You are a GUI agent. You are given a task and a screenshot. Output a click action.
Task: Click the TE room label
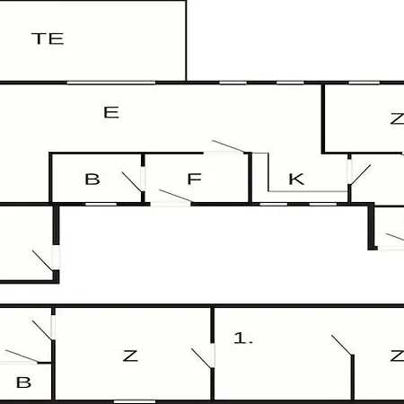click(48, 39)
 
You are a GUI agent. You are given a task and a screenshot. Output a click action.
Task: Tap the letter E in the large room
click(111, 112)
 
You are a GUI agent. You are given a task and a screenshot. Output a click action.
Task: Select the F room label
click(194, 179)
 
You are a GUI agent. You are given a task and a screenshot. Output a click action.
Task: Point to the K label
click(296, 179)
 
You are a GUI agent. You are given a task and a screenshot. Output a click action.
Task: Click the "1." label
click(243, 338)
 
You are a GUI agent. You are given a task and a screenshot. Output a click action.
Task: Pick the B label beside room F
click(92, 180)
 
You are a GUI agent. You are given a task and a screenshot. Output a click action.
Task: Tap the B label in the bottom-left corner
click(23, 382)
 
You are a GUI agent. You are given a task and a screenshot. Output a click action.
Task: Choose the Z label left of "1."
click(130, 356)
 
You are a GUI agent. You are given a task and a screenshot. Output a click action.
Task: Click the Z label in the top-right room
click(397, 119)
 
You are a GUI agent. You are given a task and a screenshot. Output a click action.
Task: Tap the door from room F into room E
click(228, 147)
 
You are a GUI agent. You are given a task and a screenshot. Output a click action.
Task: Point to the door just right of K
click(359, 174)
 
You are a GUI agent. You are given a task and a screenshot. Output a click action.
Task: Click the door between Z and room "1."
click(204, 356)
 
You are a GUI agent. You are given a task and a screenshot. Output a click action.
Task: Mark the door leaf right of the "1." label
click(343, 345)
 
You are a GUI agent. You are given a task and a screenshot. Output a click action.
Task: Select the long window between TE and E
click(111, 83)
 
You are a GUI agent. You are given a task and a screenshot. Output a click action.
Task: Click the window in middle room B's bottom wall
click(101, 205)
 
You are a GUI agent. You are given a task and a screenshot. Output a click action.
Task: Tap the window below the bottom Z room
click(135, 401)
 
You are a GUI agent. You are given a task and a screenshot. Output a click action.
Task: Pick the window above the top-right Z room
click(364, 83)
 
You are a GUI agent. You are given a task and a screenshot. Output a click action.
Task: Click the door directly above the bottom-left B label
click(22, 357)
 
